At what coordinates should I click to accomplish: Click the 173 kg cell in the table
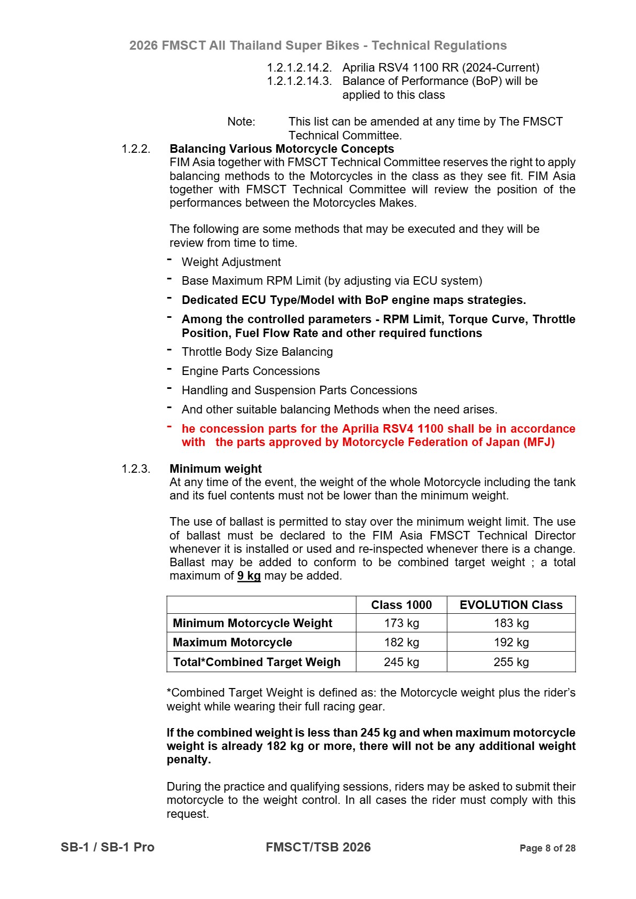coord(401,623)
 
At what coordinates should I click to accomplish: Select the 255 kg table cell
coord(511,662)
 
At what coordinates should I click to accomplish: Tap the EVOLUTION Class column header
coord(511,605)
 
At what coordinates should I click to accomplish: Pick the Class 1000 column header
coord(401,605)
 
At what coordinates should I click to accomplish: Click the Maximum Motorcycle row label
coord(232,642)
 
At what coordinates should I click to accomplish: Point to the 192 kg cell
coord(511,642)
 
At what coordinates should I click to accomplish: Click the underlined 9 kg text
coord(249,576)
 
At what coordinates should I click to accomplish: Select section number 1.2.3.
coord(136,468)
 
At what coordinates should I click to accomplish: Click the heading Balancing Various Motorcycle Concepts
coord(282,148)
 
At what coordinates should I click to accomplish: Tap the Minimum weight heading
coord(215,468)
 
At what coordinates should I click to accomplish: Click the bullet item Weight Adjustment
coord(231,262)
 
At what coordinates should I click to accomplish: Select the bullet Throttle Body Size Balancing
coord(257,351)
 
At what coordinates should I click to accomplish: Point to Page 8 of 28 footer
coord(547,848)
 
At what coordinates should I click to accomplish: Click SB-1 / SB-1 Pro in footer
coord(107,847)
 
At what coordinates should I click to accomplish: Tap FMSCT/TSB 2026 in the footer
coord(318,847)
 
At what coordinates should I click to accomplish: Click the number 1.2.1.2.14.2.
coord(299,67)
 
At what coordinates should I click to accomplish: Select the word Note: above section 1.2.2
coord(241,121)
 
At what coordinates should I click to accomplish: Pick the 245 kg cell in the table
coord(401,662)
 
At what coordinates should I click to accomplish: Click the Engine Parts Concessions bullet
coord(251,371)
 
